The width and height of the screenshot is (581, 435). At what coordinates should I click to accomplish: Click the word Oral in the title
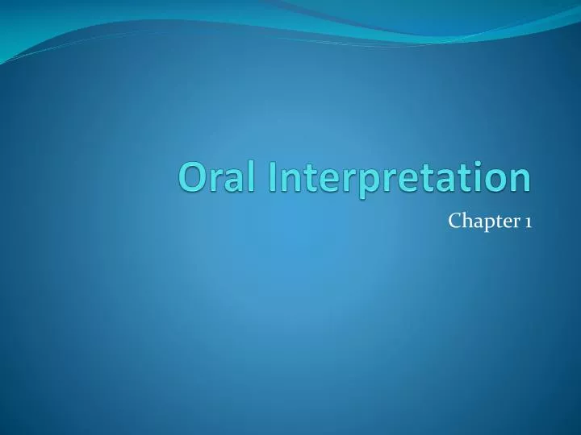coord(219,178)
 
